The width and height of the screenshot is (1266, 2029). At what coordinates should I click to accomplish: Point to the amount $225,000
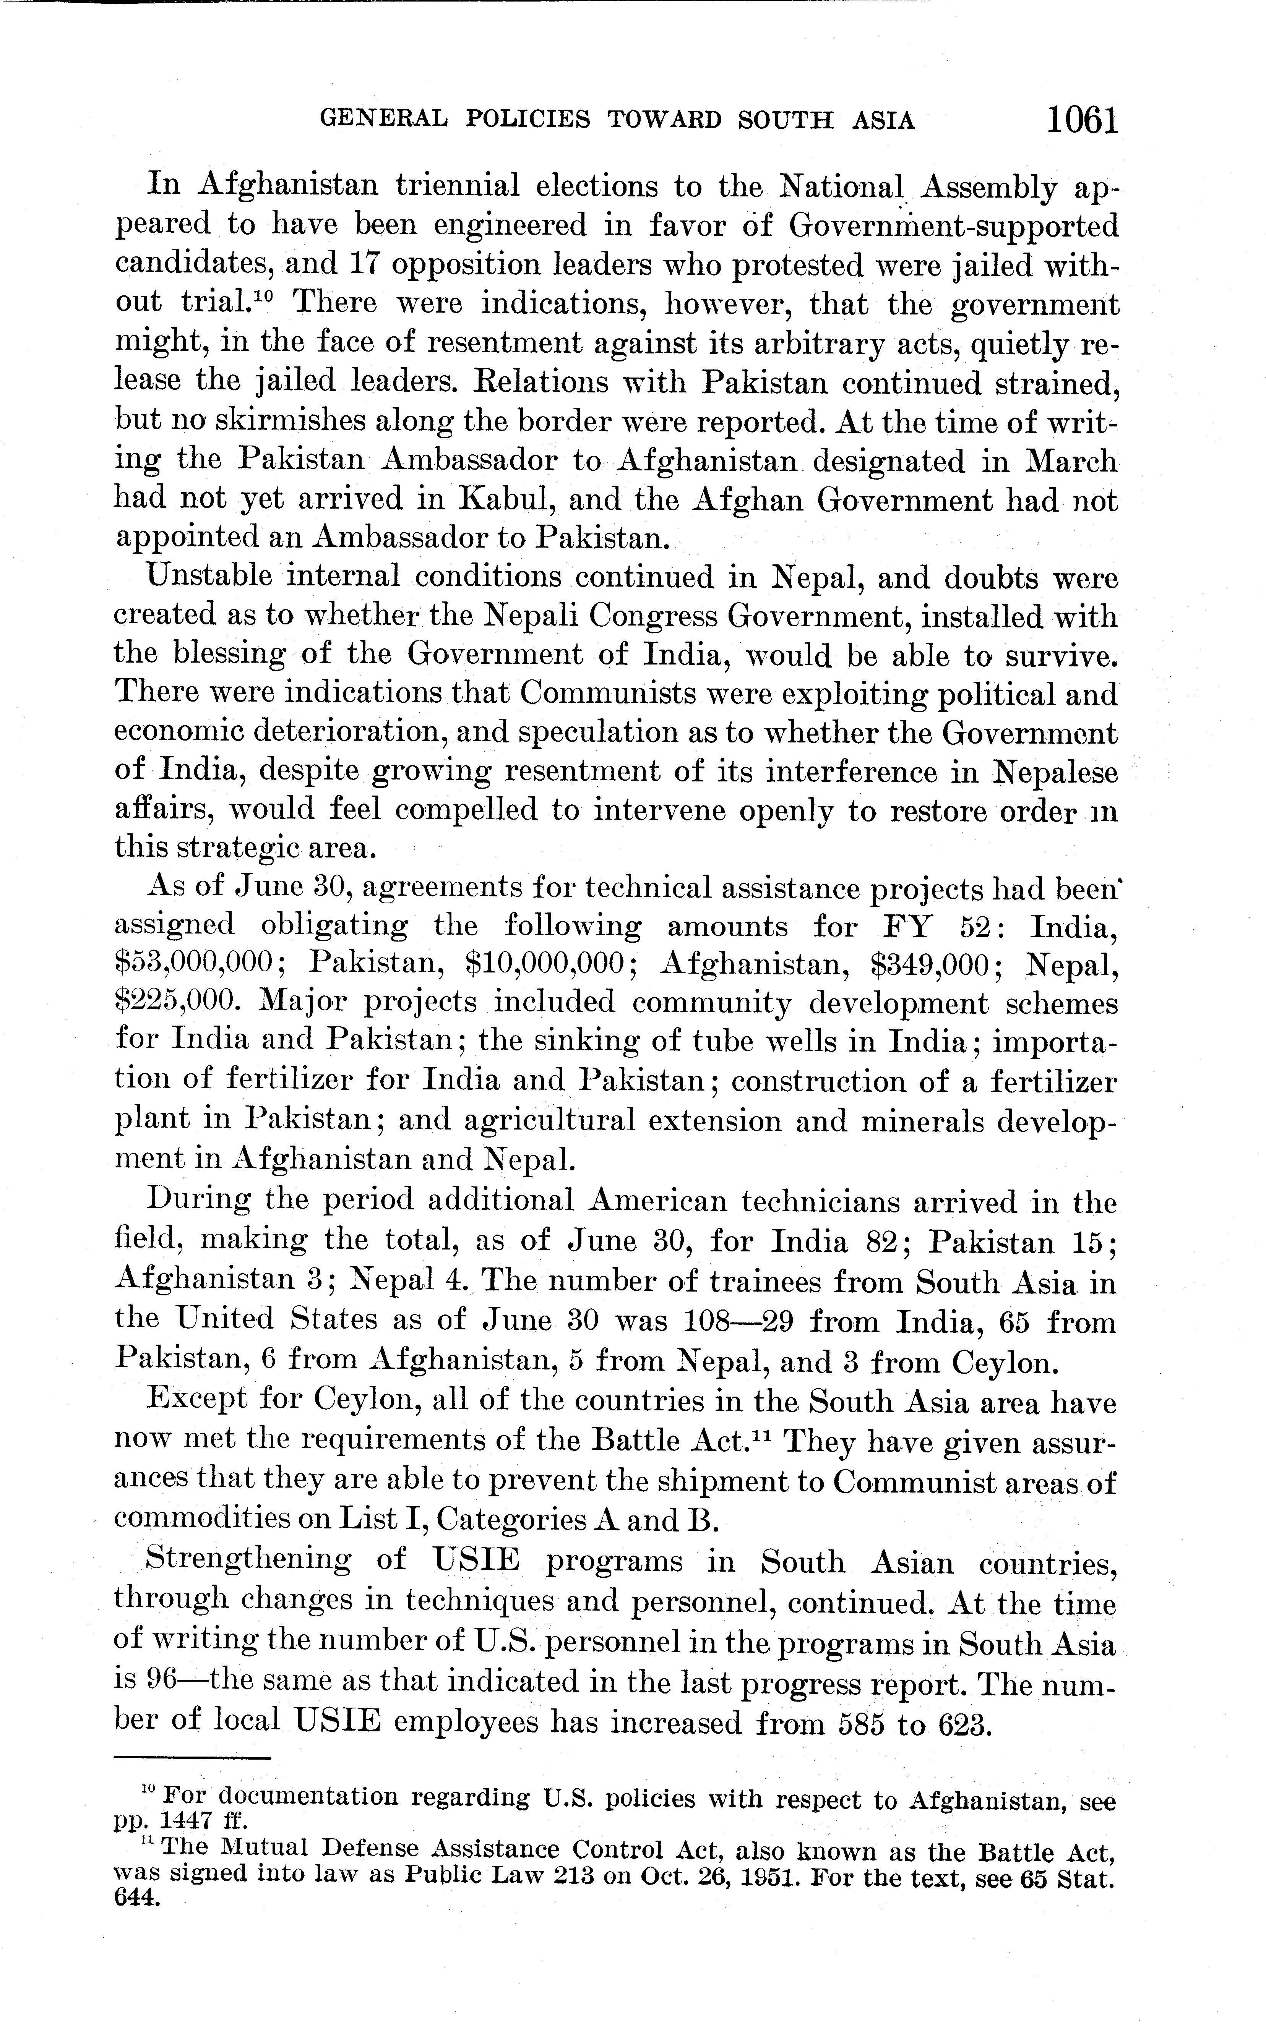click(x=177, y=1003)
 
